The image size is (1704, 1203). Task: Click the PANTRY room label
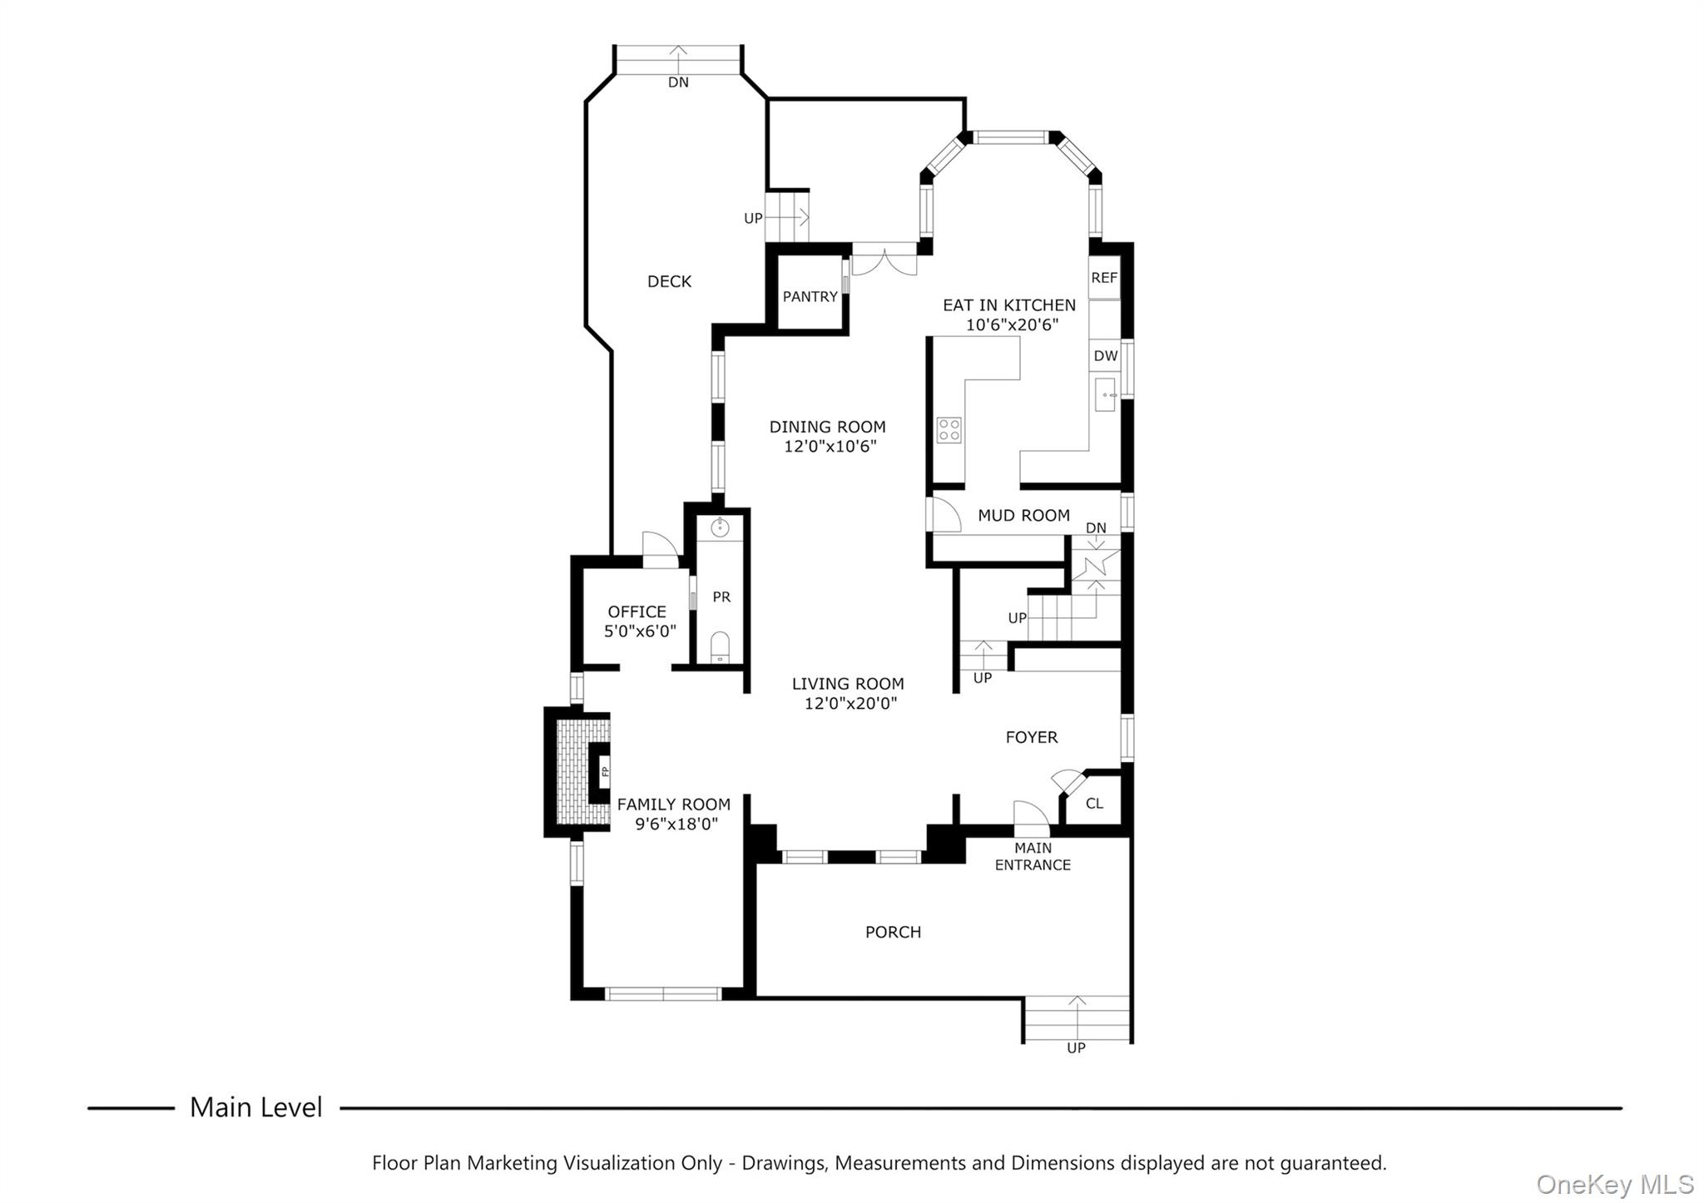810,297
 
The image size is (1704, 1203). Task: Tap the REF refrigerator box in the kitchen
1104,278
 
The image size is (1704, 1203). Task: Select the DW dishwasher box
1105,356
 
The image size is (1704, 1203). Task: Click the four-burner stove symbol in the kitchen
949,430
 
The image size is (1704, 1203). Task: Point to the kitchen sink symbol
1106,394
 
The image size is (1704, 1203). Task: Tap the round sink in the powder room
720,527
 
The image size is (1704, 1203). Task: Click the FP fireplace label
605,772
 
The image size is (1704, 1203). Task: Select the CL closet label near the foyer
1094,804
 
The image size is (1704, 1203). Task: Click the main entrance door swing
1030,817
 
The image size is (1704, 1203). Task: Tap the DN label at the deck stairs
678,82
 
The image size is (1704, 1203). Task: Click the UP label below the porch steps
1076,1048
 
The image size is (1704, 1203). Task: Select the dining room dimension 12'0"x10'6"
830,447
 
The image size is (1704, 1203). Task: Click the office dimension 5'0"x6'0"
640,631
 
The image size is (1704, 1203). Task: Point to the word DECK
669,282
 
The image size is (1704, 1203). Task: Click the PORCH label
893,933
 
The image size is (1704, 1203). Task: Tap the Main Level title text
255,1107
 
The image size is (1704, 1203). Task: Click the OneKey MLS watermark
1614,1184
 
